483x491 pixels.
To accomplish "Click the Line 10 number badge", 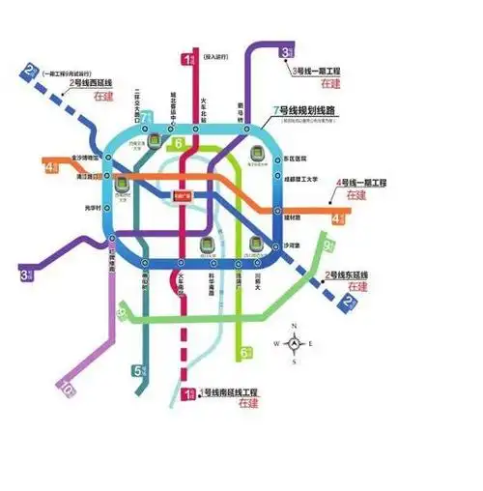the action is click(67, 389).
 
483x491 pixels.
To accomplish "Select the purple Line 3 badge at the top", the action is click(287, 52).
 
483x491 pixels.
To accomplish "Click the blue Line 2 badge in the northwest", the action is click(32, 71).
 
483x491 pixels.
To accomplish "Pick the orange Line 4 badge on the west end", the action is click(50, 167).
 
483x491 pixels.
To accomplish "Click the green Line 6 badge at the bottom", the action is click(246, 352).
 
